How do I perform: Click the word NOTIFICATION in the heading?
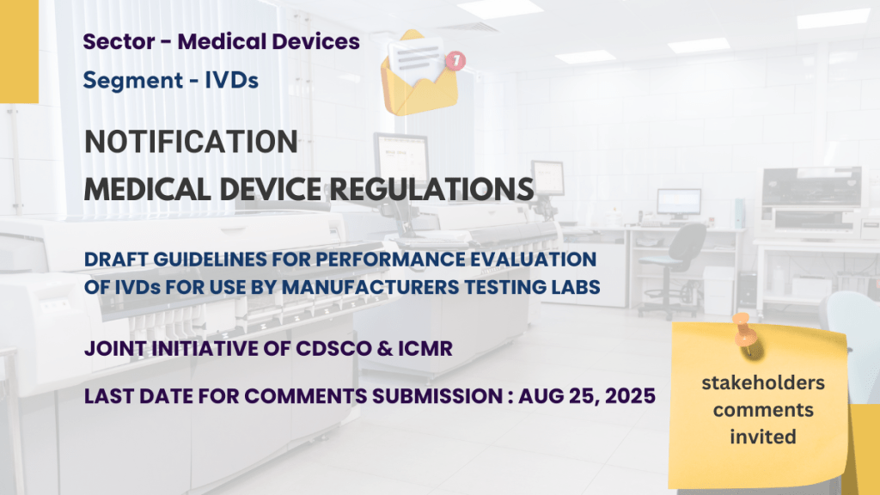pos(191,142)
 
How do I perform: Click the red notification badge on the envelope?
pos(455,61)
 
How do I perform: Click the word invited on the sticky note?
pos(763,437)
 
